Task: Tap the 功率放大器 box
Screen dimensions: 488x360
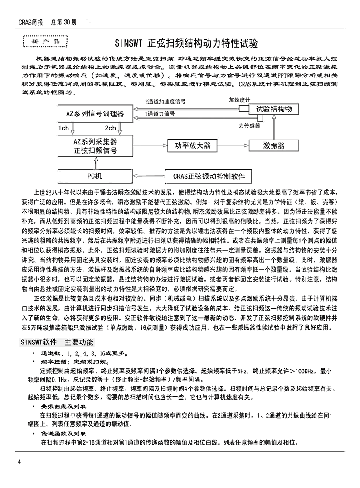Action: [x=193, y=145]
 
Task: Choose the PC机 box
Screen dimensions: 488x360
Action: [x=95, y=175]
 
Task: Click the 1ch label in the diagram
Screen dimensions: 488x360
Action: [x=63, y=128]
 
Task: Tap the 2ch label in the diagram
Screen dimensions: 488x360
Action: [x=110, y=128]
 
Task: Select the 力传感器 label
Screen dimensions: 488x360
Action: [x=249, y=125]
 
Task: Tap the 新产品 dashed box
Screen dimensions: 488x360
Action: [x=44, y=42]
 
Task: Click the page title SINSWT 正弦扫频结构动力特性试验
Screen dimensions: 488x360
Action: [x=186, y=43]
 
